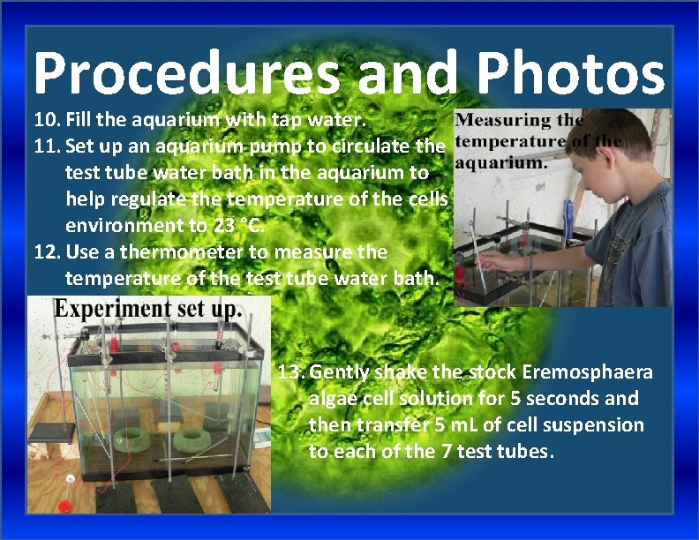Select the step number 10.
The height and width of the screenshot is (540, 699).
click(x=46, y=119)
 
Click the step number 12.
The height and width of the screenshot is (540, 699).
click(x=46, y=252)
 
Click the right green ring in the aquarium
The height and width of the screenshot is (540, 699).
click(x=195, y=439)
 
